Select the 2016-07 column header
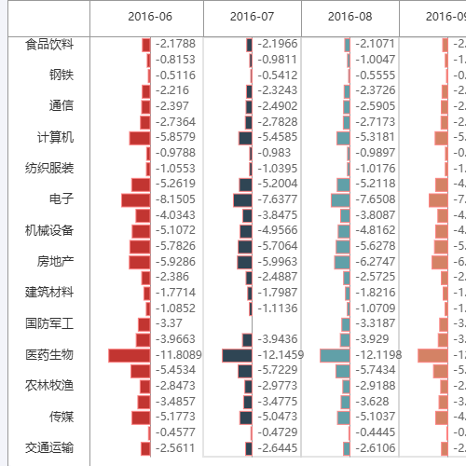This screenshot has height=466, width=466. click(x=252, y=16)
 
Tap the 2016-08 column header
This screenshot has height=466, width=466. click(x=349, y=16)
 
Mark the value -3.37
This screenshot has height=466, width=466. click(x=170, y=323)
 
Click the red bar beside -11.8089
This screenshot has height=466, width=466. click(x=129, y=355)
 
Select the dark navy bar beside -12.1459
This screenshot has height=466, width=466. click(x=237, y=355)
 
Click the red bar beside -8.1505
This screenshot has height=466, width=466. click(x=135, y=199)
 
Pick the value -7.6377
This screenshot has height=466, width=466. click(x=276, y=199)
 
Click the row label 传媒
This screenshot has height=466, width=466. click(x=62, y=417)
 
